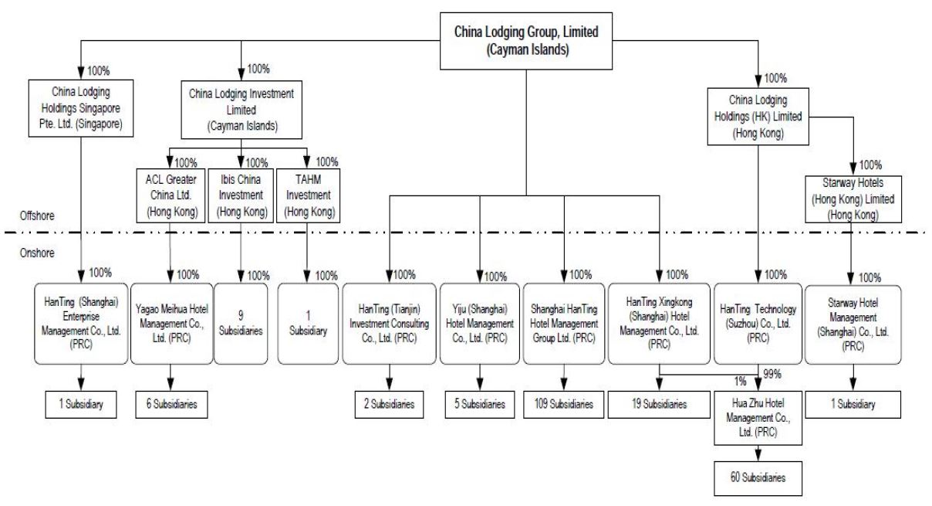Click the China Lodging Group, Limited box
(526, 41)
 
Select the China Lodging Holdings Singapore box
(81, 108)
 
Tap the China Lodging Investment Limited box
(241, 110)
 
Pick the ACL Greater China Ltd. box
(171, 195)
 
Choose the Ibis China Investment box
(241, 195)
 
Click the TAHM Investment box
(309, 195)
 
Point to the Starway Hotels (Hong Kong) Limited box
(853, 199)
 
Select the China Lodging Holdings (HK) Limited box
(758, 116)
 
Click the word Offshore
(37, 216)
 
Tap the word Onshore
(37, 253)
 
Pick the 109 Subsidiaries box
(564, 404)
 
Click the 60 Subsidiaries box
(758, 478)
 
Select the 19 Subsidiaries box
(659, 404)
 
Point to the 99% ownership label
(772, 374)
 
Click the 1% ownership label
(740, 381)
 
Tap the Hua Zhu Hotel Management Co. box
(758, 418)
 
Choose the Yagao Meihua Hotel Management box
(171, 324)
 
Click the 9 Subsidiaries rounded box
(241, 324)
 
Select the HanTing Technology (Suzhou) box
(758, 324)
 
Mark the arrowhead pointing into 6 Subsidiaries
(171, 385)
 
